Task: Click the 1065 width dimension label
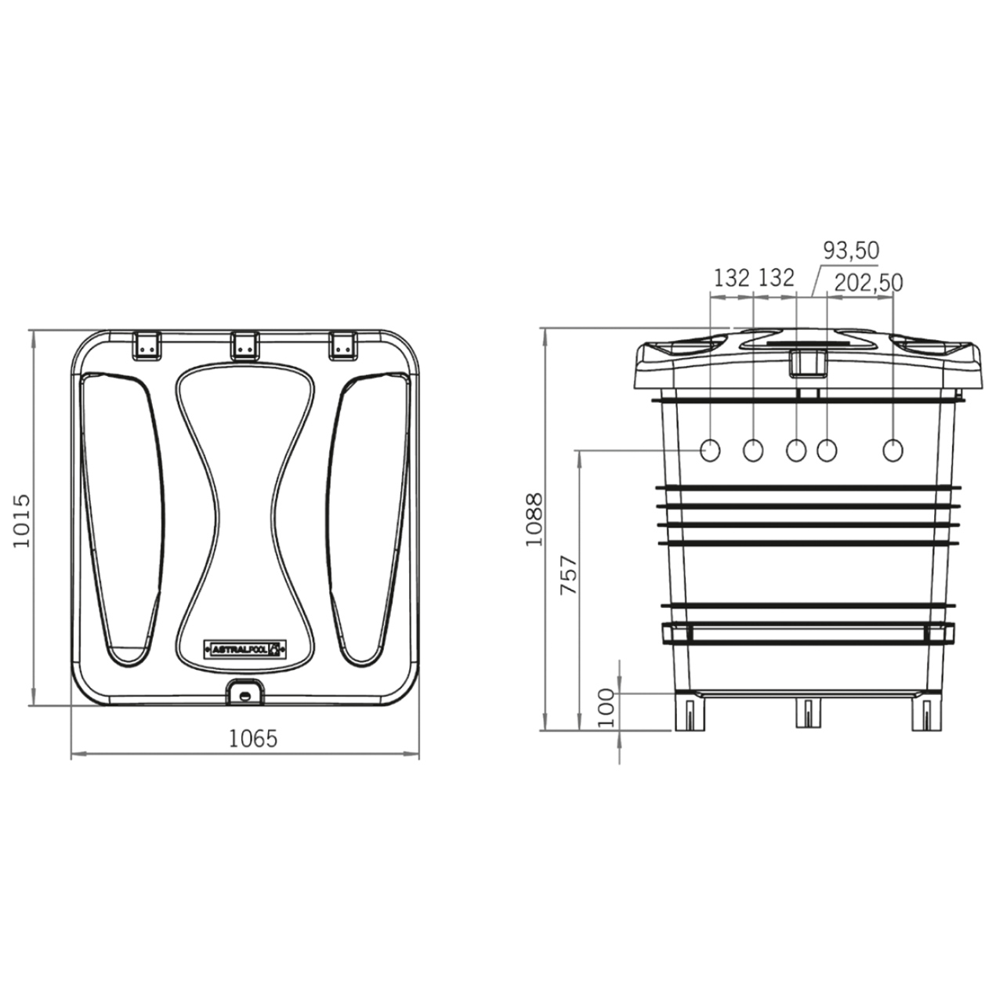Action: point(252,738)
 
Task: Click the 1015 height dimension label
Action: point(23,520)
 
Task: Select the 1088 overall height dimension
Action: point(534,519)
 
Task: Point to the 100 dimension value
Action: point(607,708)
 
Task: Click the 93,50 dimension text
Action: point(850,250)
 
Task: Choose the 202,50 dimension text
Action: point(868,282)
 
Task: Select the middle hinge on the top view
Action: point(244,345)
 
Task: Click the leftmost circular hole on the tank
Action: point(711,450)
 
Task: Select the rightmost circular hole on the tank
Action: point(893,451)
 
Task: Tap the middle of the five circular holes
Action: point(795,451)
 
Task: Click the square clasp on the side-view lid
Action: point(806,363)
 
